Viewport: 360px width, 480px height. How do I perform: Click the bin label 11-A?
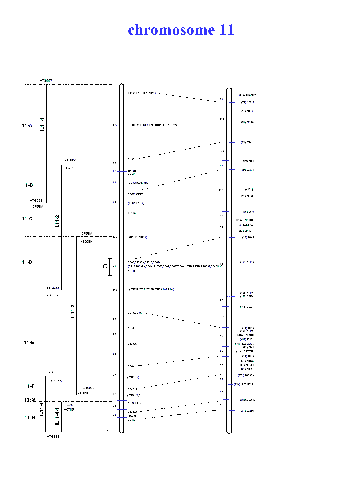27,126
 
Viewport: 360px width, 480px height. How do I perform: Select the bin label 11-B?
28,185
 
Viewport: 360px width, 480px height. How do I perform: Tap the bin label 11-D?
27,262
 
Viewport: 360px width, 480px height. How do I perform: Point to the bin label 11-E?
29,343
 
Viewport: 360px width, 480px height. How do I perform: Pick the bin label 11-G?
29,400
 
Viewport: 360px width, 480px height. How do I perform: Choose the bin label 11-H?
30,418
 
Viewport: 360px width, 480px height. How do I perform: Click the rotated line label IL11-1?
42,124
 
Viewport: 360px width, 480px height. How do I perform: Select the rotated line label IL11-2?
57,222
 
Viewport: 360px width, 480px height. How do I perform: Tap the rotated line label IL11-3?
73,311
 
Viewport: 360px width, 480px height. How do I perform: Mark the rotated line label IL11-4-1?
57,416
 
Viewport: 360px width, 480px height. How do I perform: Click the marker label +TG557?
46,81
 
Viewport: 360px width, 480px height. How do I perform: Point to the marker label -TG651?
71,160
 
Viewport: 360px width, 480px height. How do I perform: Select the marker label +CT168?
71,168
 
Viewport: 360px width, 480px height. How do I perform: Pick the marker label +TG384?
87,242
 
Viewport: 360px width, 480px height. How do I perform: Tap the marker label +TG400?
53,288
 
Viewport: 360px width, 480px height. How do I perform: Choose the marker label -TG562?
53,295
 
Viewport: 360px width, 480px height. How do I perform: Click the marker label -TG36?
54,372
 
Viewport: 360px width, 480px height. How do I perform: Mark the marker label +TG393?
53,437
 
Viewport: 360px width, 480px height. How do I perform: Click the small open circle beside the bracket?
105,266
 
